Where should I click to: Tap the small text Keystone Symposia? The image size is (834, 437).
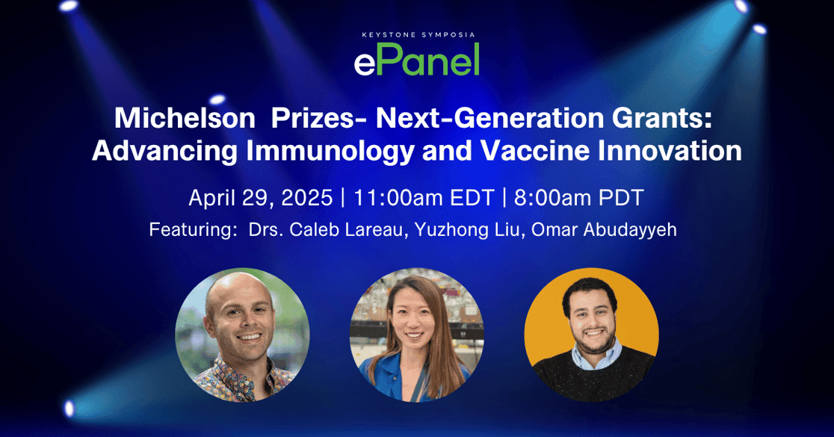click(416, 34)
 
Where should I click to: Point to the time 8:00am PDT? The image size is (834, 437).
click(578, 198)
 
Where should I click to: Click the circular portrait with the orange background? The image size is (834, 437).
click(591, 335)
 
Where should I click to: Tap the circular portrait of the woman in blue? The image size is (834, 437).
click(416, 335)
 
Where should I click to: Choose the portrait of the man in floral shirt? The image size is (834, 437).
click(242, 335)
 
